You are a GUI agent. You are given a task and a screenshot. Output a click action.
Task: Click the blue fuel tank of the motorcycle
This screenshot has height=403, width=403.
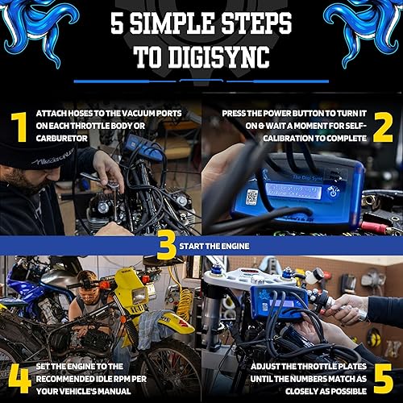point(24,278)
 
